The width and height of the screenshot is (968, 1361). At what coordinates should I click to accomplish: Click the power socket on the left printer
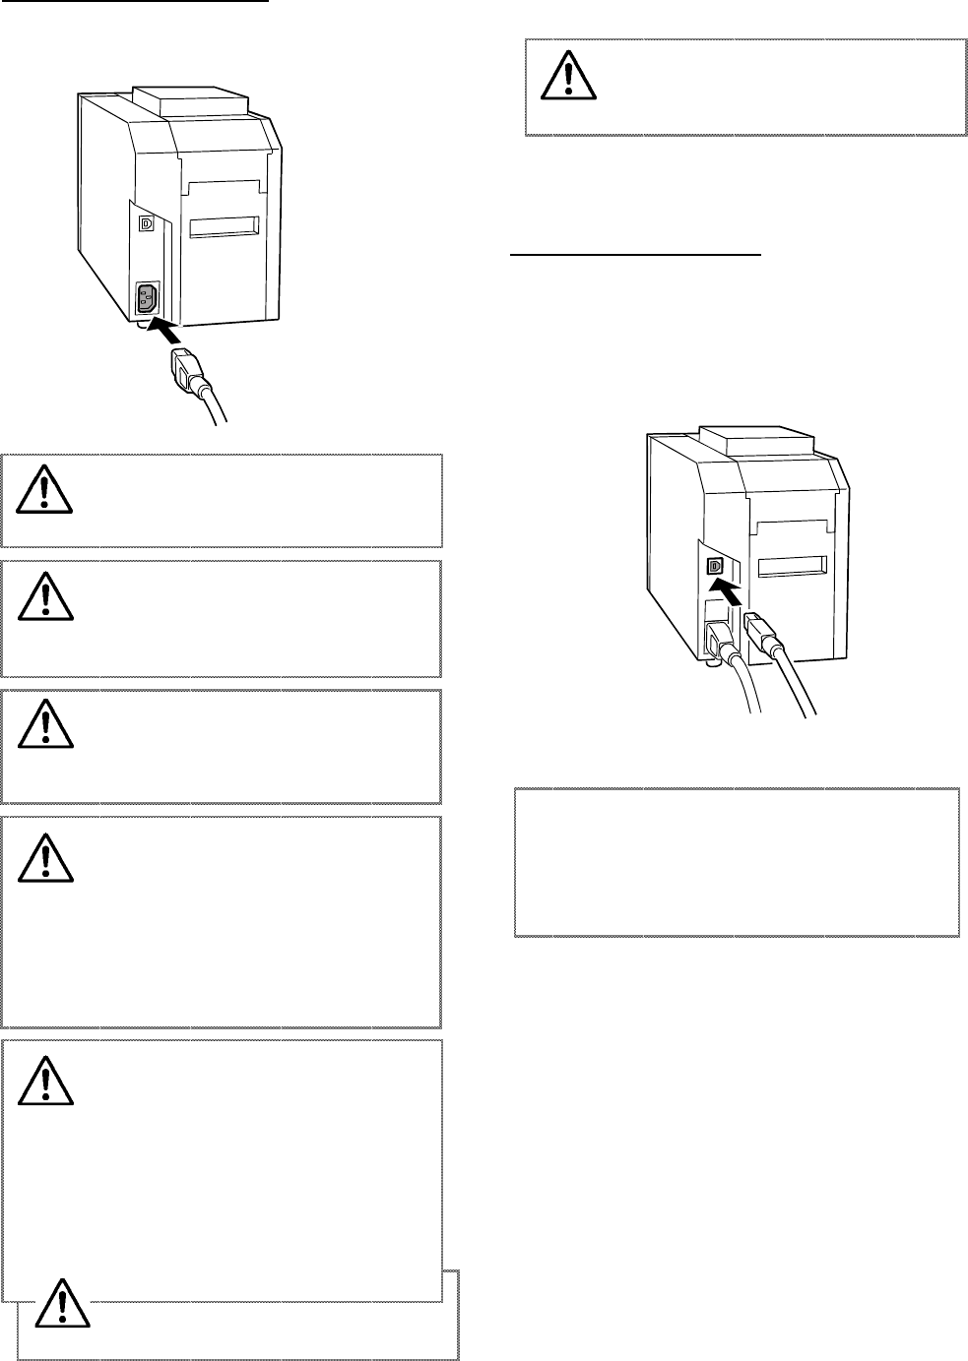click(147, 297)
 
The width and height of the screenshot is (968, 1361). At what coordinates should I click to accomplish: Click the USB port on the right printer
click(716, 566)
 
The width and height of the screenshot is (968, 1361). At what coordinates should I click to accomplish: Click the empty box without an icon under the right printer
click(737, 861)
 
